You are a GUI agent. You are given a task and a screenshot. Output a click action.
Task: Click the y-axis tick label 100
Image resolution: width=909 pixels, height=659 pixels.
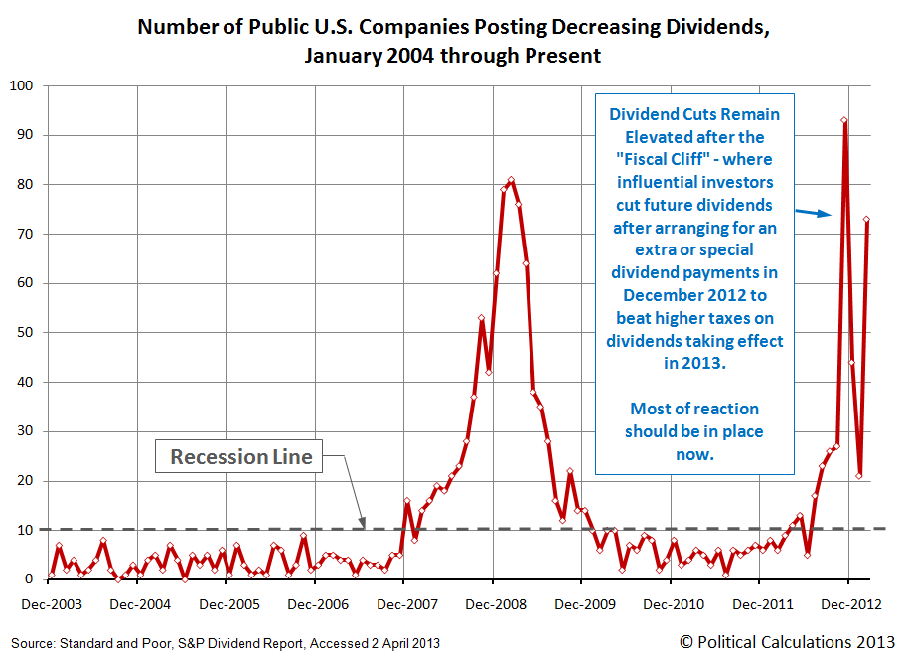pos(22,85)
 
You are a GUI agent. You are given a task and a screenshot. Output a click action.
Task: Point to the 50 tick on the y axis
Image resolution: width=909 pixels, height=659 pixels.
pos(25,332)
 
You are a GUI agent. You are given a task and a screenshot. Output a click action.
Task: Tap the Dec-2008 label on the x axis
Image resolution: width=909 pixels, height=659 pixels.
pos(496,604)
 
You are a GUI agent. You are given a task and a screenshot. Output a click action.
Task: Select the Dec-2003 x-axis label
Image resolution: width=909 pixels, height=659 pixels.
pos(52,604)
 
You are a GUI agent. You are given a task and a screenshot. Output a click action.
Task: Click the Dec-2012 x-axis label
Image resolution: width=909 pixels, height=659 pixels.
pos(851,604)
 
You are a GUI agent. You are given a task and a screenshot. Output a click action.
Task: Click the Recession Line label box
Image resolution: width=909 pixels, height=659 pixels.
pos(238,456)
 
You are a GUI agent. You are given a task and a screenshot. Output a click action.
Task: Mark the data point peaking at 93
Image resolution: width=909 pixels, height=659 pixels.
pos(844,120)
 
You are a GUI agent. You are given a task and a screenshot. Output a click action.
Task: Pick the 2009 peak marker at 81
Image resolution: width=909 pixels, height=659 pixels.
pos(511,180)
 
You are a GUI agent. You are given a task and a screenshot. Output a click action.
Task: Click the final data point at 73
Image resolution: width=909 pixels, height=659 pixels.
pos(866,220)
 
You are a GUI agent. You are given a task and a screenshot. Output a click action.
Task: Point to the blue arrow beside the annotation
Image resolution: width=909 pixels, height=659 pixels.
pos(813,213)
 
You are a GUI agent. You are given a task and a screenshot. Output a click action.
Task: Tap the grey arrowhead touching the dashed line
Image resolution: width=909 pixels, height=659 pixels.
pos(362,522)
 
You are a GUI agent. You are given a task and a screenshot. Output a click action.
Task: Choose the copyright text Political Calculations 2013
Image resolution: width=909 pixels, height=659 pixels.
pos(787,642)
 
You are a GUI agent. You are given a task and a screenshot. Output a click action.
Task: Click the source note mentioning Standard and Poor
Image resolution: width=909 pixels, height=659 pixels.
pos(226,643)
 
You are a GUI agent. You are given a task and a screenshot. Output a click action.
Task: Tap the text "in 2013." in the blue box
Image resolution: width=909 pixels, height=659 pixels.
pos(694,363)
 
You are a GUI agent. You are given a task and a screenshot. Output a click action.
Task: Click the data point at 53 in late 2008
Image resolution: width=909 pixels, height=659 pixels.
pos(481,318)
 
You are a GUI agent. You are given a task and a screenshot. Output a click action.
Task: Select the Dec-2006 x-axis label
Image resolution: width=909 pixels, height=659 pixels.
pos(318,604)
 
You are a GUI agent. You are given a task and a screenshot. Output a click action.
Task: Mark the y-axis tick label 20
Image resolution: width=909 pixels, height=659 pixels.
pos(25,481)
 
